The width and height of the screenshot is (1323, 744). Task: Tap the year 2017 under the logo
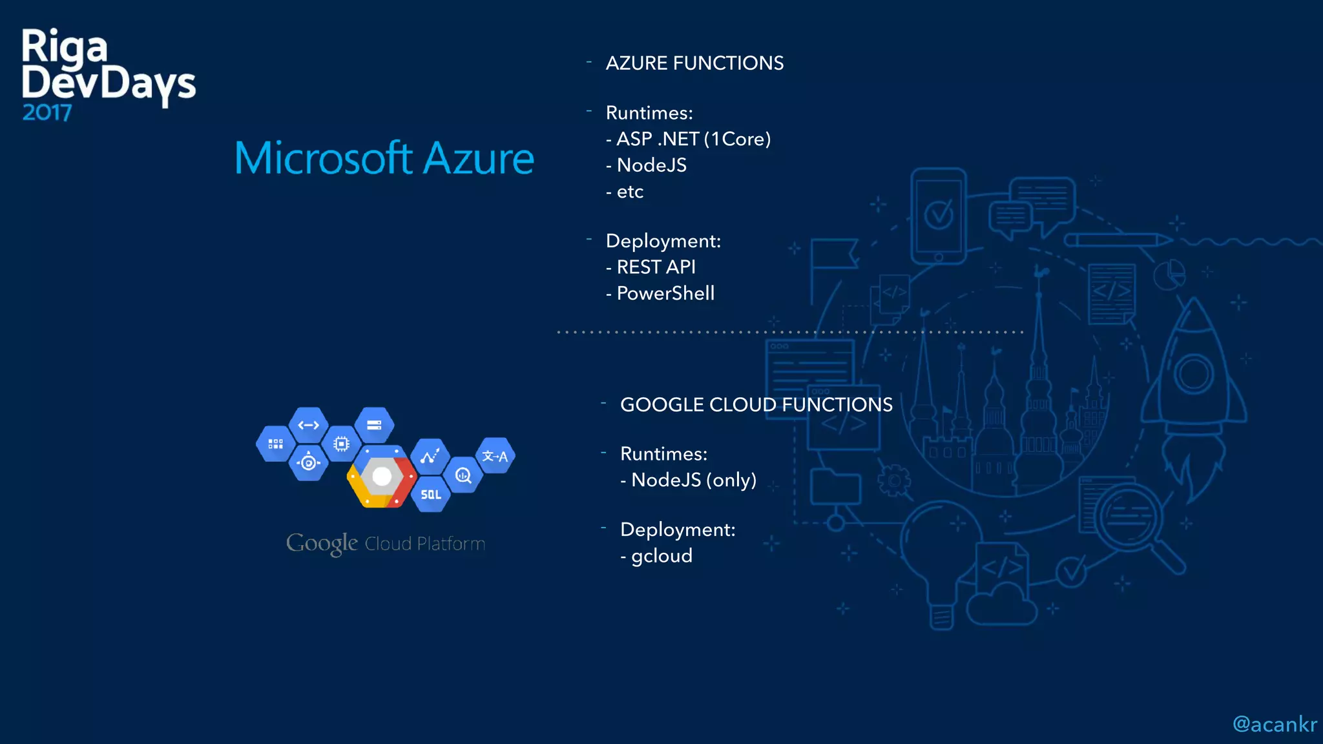click(x=47, y=113)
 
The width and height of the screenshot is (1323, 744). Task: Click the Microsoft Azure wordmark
click(x=384, y=158)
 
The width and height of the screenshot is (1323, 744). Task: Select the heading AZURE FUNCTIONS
click(x=694, y=63)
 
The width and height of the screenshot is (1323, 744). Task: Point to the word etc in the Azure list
click(x=630, y=192)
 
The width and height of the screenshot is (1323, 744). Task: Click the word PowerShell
click(x=665, y=293)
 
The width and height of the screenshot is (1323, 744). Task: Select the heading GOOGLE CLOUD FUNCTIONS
click(x=756, y=405)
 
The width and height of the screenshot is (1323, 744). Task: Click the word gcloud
click(x=661, y=556)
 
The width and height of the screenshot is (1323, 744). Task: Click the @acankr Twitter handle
click(x=1274, y=725)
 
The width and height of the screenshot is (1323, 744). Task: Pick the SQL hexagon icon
click(x=431, y=495)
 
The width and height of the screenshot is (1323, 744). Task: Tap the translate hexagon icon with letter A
click(x=495, y=456)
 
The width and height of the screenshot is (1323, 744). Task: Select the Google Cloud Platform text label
click(x=386, y=544)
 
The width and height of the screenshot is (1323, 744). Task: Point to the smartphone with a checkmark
click(x=938, y=216)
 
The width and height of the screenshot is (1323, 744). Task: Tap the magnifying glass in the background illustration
click(x=1137, y=523)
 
